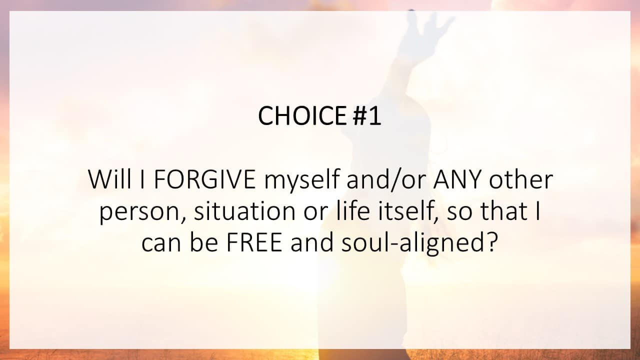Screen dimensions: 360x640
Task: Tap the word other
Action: coord(520,180)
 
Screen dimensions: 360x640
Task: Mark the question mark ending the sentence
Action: coord(492,243)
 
